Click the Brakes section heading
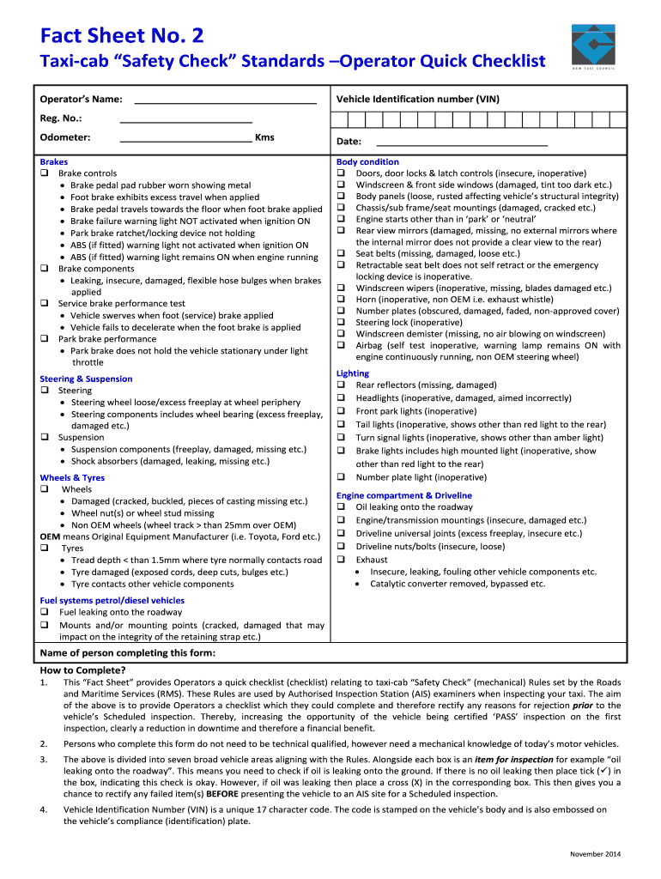pyautogui.click(x=53, y=161)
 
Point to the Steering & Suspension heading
pyautogui.click(x=86, y=379)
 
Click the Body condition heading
pyautogui.click(x=367, y=161)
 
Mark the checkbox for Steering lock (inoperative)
pyautogui.click(x=341, y=323)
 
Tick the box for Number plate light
pyautogui.click(x=341, y=477)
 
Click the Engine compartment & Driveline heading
pyautogui.click(x=403, y=495)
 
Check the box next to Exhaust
pyautogui.click(x=341, y=560)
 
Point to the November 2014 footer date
pyautogui.click(x=596, y=853)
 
